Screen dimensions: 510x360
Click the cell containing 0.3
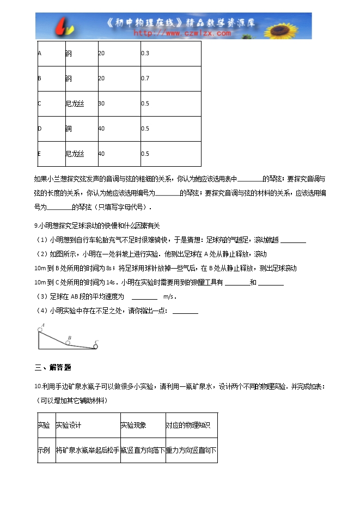pos(145,53)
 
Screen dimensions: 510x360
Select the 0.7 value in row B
pos(145,78)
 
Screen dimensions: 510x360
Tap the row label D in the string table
pos(40,129)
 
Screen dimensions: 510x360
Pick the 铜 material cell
pos(68,129)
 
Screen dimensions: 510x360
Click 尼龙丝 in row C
pos(75,104)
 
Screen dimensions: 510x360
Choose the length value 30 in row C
pos(101,104)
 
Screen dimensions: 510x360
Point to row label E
pos(40,154)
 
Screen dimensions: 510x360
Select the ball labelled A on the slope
pos(40,329)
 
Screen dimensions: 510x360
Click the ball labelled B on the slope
pos(68,343)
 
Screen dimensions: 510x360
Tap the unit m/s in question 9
pos(169,297)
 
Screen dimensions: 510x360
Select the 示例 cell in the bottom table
pos(44,451)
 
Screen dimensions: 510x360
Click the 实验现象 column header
pos(133,425)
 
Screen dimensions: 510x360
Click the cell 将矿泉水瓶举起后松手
pos(87,451)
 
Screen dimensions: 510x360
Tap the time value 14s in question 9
pos(112,282)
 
